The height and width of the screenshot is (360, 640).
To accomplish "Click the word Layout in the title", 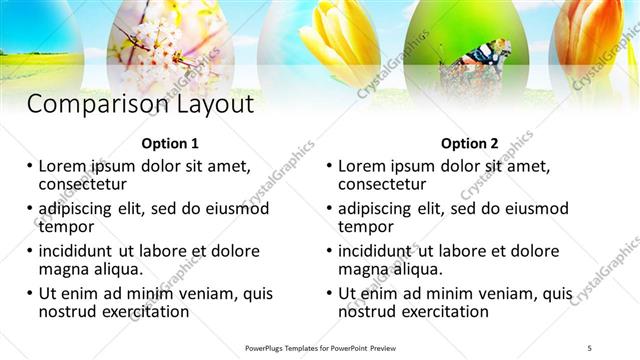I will click(x=207, y=104).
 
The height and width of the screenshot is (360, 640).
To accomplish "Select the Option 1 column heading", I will click(x=171, y=143).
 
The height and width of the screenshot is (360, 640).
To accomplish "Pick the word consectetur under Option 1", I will click(x=82, y=184).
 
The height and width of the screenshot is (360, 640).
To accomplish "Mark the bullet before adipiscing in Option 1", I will click(x=29, y=209).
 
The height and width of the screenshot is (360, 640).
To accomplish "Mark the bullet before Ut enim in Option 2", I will click(x=329, y=294).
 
